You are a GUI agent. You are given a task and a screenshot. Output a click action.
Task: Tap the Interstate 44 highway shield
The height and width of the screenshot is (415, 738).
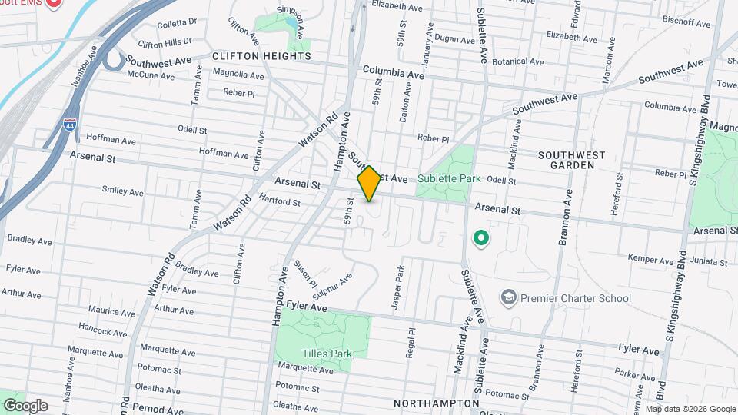70,126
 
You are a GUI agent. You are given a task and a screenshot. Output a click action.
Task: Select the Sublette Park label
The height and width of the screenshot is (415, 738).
449,178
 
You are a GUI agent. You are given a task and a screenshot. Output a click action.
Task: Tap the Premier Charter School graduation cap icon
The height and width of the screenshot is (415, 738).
508,297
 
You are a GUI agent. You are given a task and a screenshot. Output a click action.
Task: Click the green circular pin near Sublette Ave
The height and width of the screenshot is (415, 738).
481,239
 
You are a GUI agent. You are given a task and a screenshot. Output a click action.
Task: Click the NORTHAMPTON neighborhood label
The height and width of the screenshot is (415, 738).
437,403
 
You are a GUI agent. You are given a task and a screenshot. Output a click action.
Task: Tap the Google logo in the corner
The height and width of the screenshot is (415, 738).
25,405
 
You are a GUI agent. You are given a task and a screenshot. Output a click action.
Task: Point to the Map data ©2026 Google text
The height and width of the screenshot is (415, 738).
690,409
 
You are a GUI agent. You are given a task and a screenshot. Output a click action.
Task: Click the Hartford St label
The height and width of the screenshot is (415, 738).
280,201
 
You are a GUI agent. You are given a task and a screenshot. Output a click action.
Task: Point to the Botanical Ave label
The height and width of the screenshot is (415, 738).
519,61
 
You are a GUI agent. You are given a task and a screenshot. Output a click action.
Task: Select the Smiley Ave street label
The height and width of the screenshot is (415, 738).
123,191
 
